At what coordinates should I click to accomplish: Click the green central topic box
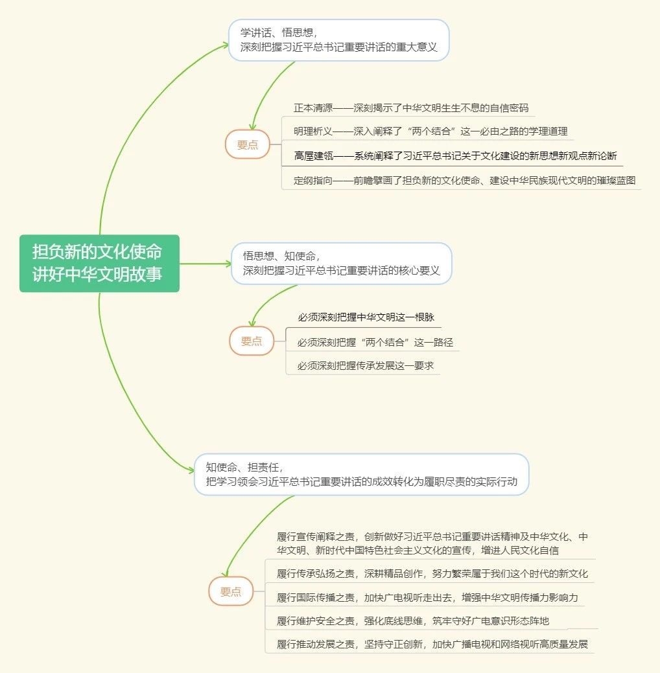[x=99, y=263]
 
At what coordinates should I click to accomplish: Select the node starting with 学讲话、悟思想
[x=338, y=40]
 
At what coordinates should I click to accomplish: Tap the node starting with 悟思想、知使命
[x=341, y=263]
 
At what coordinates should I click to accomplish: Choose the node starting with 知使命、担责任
[x=361, y=474]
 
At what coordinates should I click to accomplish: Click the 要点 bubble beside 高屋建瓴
[x=248, y=144]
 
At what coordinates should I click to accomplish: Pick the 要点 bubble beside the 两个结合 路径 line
[x=252, y=341]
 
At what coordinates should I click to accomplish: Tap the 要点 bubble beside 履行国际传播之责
[x=231, y=591]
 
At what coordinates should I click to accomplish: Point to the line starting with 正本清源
[x=411, y=108]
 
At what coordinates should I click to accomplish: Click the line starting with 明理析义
[x=430, y=131]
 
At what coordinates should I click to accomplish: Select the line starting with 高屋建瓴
[x=456, y=156]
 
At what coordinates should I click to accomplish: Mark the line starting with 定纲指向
[x=464, y=180]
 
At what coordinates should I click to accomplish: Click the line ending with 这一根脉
[x=366, y=317]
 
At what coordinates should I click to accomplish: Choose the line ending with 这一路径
[x=375, y=342]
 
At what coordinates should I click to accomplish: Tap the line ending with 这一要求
[x=366, y=366]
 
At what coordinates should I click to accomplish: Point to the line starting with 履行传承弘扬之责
[x=432, y=573]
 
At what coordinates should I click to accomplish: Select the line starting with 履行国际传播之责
[x=427, y=597]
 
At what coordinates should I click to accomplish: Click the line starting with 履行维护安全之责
[x=413, y=621]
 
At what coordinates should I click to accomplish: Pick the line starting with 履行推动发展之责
[x=432, y=644]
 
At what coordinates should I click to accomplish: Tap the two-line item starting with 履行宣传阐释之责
[x=432, y=543]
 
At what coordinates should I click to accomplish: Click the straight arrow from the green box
[x=206, y=264]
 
